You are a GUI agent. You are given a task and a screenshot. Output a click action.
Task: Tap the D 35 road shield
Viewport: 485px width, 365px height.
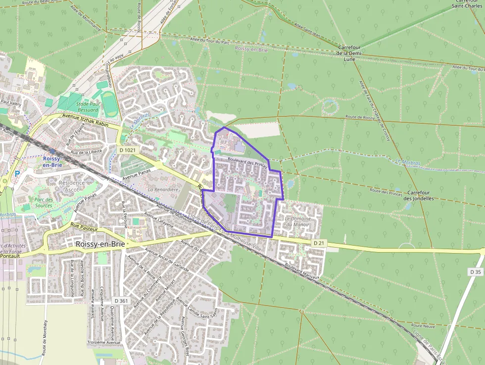click(x=475, y=272)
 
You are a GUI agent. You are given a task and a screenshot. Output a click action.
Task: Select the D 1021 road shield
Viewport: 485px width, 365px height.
click(x=127, y=149)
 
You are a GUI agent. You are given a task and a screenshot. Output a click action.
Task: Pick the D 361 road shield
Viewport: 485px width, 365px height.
click(x=121, y=301)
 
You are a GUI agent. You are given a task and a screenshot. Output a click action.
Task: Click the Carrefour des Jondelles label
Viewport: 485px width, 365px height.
click(x=418, y=195)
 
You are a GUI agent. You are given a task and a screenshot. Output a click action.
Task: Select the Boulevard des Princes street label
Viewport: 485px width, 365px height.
click(x=247, y=163)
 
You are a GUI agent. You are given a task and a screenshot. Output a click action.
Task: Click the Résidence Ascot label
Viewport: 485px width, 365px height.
click(x=72, y=186)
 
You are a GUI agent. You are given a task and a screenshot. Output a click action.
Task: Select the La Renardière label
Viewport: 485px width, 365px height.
click(x=163, y=190)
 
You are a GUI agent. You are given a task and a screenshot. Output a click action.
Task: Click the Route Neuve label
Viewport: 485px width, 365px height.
click(x=423, y=326)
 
